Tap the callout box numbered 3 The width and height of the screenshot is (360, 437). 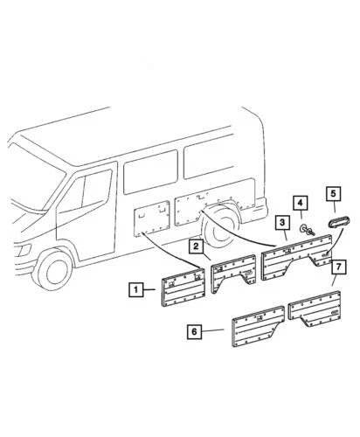click(x=281, y=224)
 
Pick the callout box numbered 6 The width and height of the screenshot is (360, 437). click(x=194, y=331)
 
